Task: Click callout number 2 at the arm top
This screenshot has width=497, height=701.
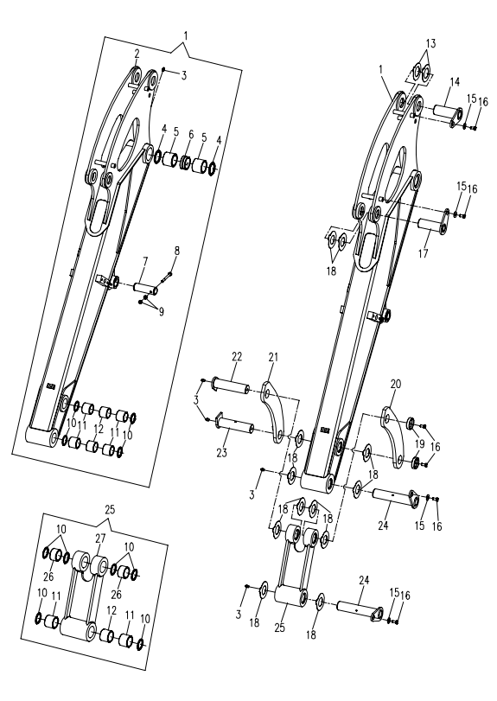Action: pyautogui.click(x=137, y=54)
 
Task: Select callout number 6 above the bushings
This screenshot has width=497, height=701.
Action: pyautogui.click(x=191, y=135)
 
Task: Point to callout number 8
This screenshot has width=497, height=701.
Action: pyautogui.click(x=176, y=251)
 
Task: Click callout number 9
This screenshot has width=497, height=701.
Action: pyautogui.click(x=161, y=312)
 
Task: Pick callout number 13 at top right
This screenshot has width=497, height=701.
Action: pyautogui.click(x=430, y=44)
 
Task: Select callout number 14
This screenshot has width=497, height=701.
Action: pyautogui.click(x=455, y=82)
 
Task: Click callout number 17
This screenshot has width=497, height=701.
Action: pyautogui.click(x=423, y=254)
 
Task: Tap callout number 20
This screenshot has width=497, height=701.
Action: pyautogui.click(x=396, y=384)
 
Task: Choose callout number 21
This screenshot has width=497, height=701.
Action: pyautogui.click(x=273, y=357)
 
